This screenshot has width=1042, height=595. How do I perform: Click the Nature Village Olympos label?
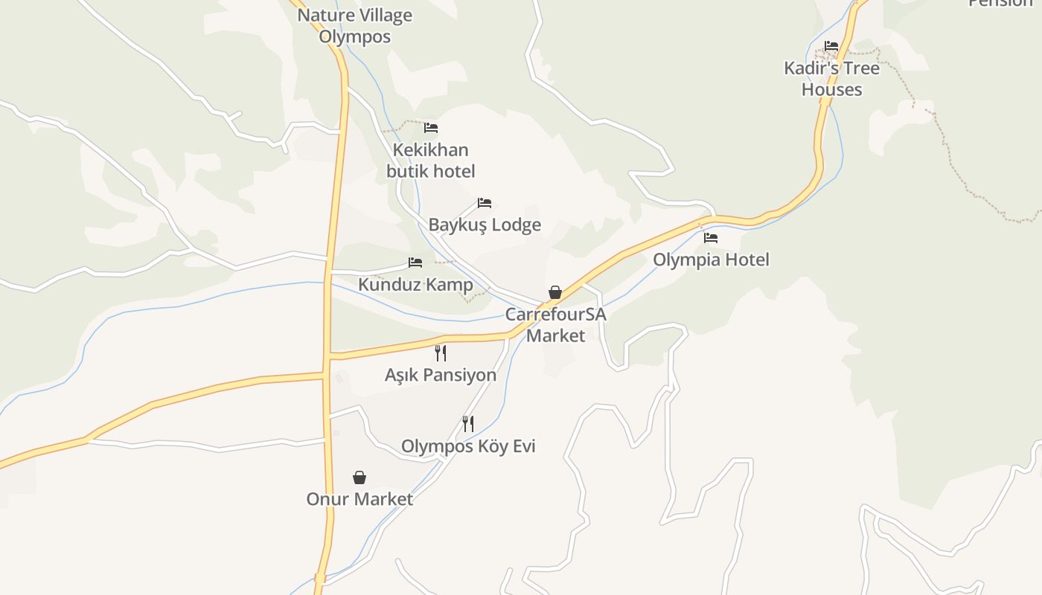pos(355,25)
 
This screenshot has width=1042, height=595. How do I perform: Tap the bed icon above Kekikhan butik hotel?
pos(431,128)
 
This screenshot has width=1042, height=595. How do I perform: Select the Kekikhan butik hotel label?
pos(430,161)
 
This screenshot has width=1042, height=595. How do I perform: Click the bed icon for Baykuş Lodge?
pos(485,203)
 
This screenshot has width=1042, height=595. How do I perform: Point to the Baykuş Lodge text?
pos(485,225)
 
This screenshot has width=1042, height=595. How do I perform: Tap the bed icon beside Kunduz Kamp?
pos(415,263)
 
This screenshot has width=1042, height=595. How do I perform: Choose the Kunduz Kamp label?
pos(415,285)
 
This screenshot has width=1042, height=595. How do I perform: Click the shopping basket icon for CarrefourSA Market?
pos(555,292)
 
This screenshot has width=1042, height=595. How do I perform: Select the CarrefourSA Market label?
pos(556,325)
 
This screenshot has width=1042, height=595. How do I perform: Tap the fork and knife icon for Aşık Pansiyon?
pos(441,353)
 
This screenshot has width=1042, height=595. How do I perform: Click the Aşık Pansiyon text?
pos(441,375)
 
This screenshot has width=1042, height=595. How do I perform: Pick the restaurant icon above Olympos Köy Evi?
pos(468,424)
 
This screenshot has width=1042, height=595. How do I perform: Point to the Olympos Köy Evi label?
pos(468,446)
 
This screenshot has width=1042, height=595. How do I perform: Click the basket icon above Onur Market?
pos(359,477)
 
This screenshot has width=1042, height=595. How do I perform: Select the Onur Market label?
pos(359,499)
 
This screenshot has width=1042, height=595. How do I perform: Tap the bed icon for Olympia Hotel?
pos(711,238)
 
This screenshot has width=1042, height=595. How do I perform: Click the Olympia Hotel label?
pos(711,260)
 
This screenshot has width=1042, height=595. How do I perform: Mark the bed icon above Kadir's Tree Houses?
pos(831,46)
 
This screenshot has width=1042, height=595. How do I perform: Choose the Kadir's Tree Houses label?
pos(831,79)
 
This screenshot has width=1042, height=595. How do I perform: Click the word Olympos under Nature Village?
pos(355,36)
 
